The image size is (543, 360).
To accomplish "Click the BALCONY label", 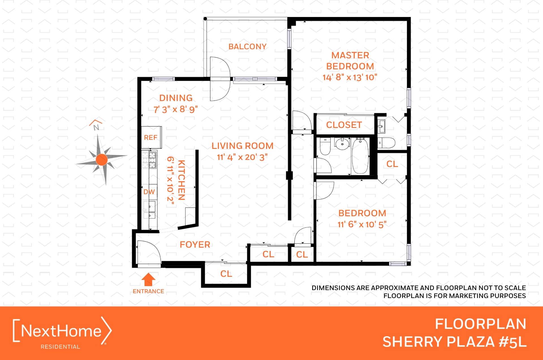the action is click(247, 46).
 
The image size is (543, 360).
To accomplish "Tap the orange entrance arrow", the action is click(148, 279).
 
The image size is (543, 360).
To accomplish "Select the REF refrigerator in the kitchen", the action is click(151, 138).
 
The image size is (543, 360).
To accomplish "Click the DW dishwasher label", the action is click(149, 192).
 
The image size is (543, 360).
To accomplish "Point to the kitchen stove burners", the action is click(149, 160).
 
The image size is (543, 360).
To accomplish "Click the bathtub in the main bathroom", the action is click(360, 156).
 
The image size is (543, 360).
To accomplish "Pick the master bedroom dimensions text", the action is click(350, 77).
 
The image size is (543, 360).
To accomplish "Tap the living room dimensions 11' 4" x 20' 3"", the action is click(242, 157).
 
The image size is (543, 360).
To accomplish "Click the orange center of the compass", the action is click(102, 160).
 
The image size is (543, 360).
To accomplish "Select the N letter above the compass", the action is click(96, 127).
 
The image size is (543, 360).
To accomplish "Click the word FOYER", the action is click(195, 245).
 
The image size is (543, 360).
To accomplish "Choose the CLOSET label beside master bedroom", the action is click(344, 125).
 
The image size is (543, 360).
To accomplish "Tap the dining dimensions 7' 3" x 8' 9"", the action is click(176, 109).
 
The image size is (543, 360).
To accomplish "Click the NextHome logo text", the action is click(61, 331).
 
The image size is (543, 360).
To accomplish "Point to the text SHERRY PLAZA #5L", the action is click(454, 342).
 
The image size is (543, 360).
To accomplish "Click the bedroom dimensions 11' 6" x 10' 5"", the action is click(362, 224).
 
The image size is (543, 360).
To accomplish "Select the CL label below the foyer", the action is click(226, 274).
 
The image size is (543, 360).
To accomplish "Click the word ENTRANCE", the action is click(148, 291).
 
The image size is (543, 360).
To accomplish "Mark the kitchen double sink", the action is click(149, 210).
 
